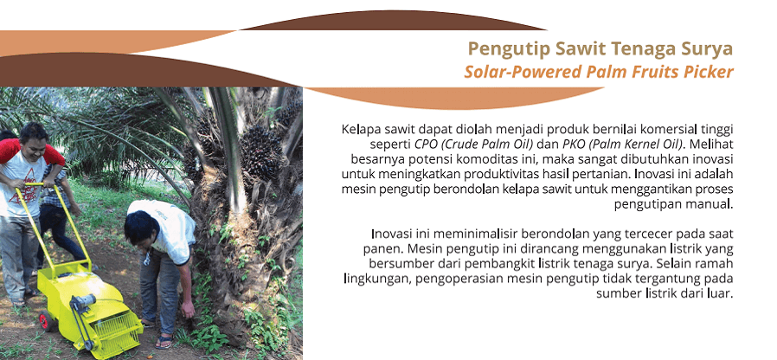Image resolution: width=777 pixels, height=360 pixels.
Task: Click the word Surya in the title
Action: click(707, 49)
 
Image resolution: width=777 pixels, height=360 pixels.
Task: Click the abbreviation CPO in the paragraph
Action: click(425, 145)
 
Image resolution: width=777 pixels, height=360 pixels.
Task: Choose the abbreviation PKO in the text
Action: click(573, 145)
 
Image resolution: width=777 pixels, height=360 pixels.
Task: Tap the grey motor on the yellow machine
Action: click(83, 301)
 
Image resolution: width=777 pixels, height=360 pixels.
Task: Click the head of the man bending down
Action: click(142, 228)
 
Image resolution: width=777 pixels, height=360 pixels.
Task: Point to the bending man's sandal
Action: click(164, 342)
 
